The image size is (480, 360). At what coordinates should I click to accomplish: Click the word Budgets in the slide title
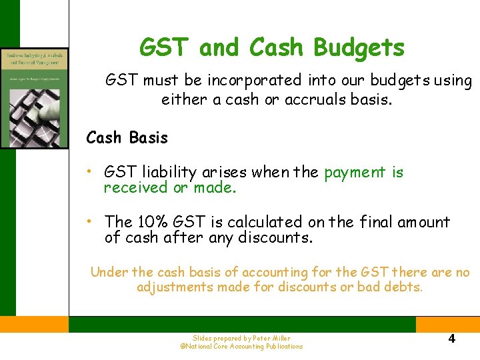tap(358, 48)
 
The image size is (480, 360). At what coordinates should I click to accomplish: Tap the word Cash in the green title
tap(277, 48)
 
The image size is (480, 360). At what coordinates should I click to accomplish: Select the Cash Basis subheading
tap(127, 138)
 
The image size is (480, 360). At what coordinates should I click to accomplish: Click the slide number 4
tap(451, 339)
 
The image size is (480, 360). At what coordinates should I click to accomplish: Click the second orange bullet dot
tap(90, 222)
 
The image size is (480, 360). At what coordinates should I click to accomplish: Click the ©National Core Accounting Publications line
tap(241, 347)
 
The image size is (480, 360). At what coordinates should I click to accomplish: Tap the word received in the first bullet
tap(136, 188)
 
